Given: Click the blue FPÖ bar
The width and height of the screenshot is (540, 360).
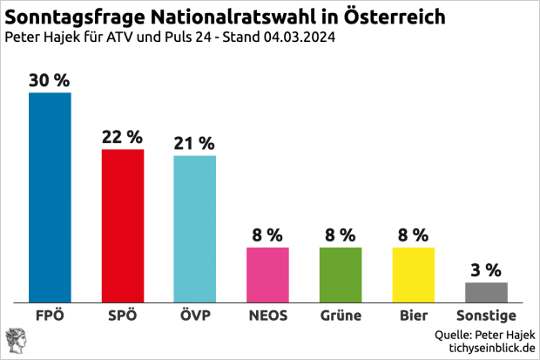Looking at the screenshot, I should click(x=50, y=197).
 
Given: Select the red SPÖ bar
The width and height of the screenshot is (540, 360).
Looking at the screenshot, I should click(x=123, y=226).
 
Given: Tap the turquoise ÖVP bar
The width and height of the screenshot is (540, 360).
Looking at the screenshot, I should click(x=195, y=228).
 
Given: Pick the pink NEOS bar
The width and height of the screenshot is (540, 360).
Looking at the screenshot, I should click(x=267, y=275).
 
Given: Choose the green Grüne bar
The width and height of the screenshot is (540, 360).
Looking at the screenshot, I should click(x=341, y=275).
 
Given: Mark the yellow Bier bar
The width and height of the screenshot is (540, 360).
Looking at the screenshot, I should click(x=413, y=275).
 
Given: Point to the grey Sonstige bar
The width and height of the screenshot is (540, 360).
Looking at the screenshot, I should click(x=486, y=292).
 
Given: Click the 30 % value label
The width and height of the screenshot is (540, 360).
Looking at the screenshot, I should click(x=50, y=80).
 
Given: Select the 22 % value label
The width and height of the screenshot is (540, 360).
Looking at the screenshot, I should click(x=123, y=137).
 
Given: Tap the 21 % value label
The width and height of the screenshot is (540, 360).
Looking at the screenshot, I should click(x=195, y=144).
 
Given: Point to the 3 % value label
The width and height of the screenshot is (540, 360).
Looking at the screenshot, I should click(x=486, y=270).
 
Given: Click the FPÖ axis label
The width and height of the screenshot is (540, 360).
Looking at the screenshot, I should click(x=50, y=316).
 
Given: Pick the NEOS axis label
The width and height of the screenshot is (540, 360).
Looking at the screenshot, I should click(x=267, y=316).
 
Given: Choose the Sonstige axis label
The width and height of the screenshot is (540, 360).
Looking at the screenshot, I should click(x=486, y=316).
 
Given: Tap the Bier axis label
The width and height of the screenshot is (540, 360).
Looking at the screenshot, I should click(x=413, y=316).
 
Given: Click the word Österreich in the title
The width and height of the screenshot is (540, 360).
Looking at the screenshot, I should click(x=395, y=17).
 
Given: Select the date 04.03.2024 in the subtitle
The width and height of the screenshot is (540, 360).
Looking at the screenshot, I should click(x=299, y=38).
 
